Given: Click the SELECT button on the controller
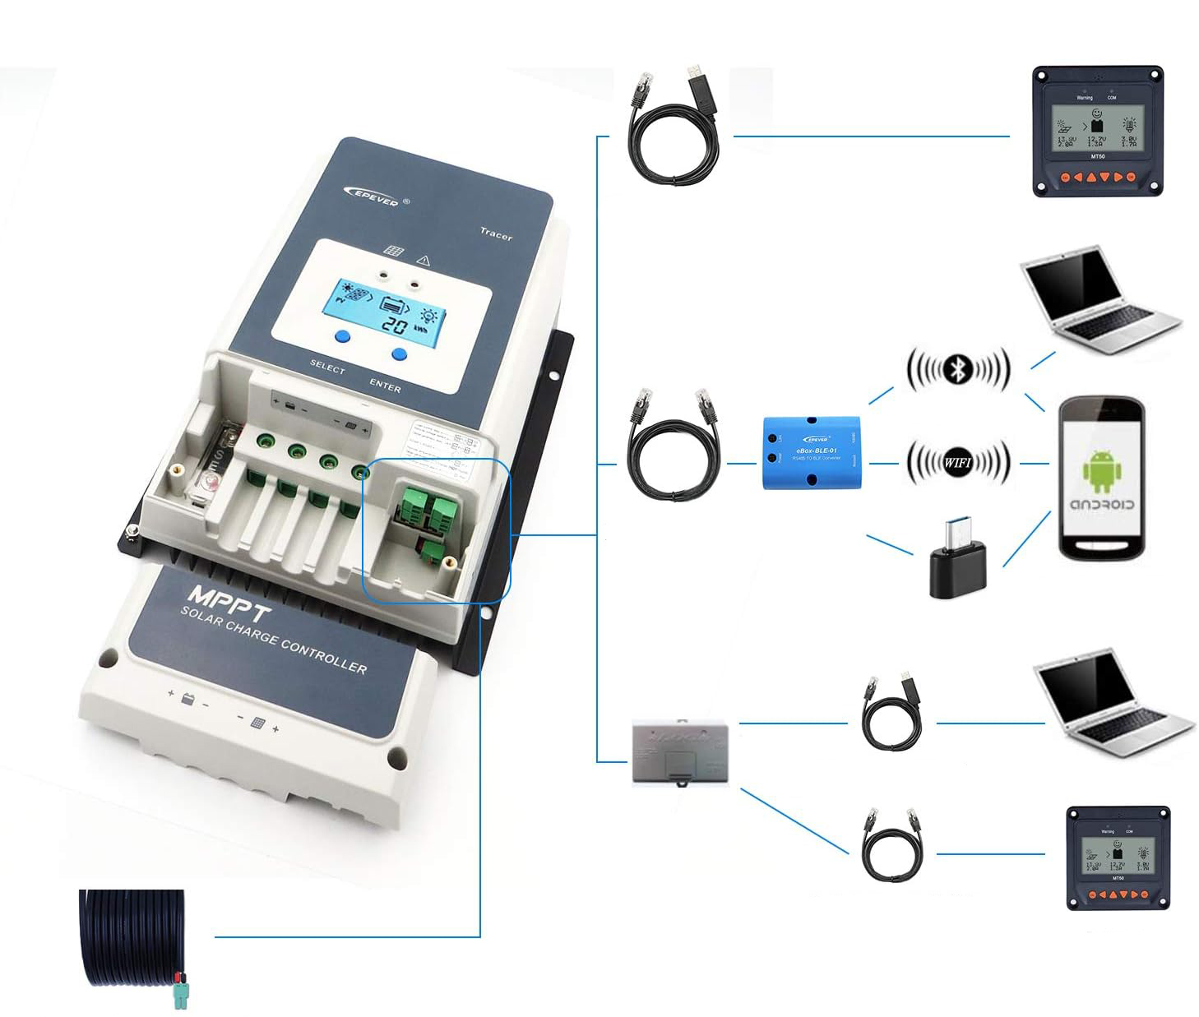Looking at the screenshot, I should [342, 335].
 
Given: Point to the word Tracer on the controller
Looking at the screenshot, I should [496, 233].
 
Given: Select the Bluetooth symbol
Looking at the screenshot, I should [957, 369].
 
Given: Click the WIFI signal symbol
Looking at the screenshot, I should [957, 462].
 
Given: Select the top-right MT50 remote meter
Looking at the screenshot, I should [1097, 132].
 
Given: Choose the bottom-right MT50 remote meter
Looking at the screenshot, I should [1118, 858].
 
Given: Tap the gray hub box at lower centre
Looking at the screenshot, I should [679, 752].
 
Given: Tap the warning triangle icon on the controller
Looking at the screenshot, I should [424, 260].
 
